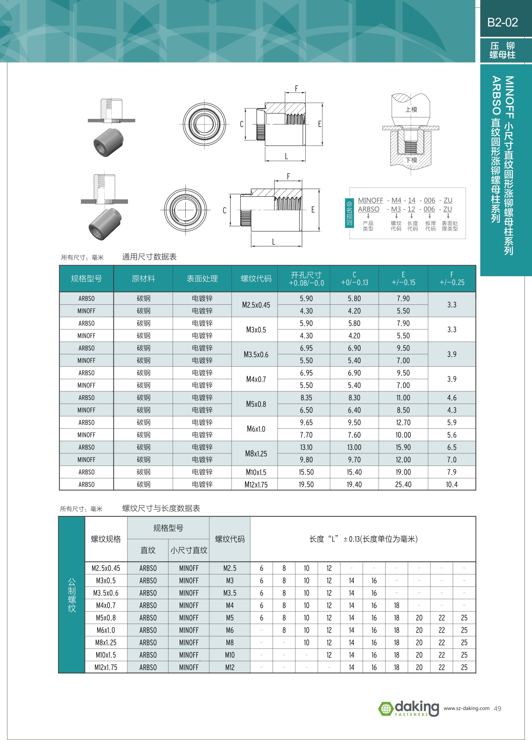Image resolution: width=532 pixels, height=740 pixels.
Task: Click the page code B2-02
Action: [502, 22]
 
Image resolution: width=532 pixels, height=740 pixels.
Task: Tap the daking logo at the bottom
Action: [409, 708]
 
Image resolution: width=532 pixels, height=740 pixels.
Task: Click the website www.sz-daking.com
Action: [466, 708]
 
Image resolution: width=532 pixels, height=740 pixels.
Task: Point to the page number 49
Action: [498, 709]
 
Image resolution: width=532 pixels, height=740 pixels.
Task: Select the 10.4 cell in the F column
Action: [452, 484]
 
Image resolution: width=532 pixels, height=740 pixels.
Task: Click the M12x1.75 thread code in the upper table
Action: [256, 484]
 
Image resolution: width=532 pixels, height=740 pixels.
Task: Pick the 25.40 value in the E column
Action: [403, 484]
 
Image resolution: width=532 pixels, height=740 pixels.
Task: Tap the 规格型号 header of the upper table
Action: [86, 279]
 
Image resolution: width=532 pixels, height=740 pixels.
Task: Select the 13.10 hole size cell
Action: [306, 447]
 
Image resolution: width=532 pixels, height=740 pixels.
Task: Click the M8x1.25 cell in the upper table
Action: [256, 453]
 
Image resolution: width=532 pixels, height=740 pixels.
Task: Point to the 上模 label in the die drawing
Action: [411, 110]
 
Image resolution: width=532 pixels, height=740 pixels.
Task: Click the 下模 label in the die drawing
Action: [411, 160]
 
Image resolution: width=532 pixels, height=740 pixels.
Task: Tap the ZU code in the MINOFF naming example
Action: [448, 200]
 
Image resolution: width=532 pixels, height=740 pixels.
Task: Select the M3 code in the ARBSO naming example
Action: [396, 209]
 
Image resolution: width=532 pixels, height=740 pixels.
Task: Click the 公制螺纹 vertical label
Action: [72, 595]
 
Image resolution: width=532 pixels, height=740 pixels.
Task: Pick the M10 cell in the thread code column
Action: [229, 655]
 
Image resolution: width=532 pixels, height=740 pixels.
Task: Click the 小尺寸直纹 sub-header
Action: [189, 550]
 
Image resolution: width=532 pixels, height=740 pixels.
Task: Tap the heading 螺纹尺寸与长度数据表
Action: [161, 508]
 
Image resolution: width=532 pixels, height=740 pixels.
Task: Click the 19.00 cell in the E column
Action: [403, 472]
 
